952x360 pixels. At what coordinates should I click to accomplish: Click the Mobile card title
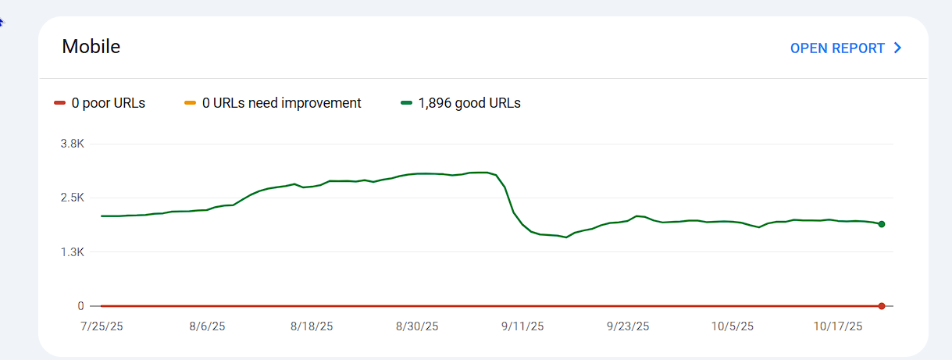tap(91, 47)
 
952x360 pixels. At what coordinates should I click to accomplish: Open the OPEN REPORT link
tap(837, 48)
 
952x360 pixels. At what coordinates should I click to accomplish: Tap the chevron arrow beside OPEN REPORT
tap(897, 48)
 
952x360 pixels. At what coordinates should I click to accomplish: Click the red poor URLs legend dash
tap(59, 103)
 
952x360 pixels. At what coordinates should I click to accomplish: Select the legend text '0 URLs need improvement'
tap(281, 103)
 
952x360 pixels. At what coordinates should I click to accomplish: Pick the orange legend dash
tap(190, 103)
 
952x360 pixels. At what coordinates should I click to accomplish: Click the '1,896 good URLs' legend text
tap(469, 103)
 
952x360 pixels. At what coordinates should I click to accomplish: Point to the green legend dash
tap(406, 103)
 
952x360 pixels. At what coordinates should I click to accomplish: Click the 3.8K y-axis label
tap(73, 144)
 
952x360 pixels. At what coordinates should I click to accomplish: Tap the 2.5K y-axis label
tap(73, 198)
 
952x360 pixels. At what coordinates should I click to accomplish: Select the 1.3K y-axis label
tap(73, 251)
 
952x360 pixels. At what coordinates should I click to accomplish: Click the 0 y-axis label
tap(80, 306)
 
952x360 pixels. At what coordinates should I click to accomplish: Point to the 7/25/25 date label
tap(101, 326)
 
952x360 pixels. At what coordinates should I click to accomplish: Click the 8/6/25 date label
tap(207, 326)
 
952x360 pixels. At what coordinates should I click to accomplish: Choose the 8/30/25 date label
tap(418, 326)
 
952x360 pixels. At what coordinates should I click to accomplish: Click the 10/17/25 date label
tap(837, 326)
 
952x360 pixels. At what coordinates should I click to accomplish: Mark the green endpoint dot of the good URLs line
tap(881, 224)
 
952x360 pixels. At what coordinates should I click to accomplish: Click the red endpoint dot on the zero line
tap(881, 306)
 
